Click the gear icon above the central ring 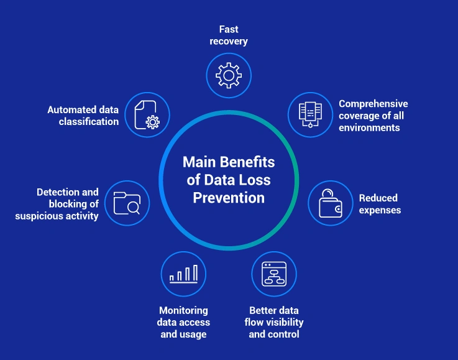(229, 76)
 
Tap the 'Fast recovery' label (229, 35)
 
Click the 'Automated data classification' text (83, 116)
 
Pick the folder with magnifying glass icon (127, 203)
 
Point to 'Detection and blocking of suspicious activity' (57, 204)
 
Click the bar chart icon (183, 274)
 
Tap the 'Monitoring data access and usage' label (184, 322)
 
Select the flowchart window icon (274, 274)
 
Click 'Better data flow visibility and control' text (274, 322)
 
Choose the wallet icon (331, 203)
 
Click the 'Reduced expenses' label (380, 204)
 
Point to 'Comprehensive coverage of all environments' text (373, 116)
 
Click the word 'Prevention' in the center (229, 198)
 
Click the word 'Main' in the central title (198, 162)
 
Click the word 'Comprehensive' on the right (373, 104)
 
